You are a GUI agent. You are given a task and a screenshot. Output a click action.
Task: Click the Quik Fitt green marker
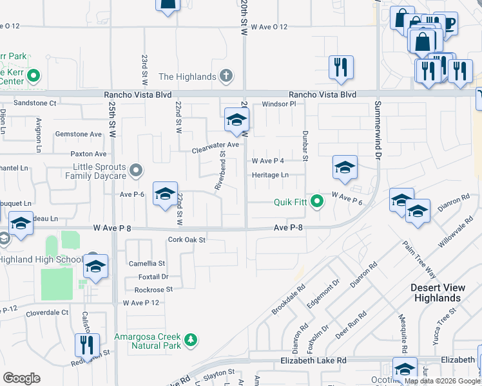tap(316, 202)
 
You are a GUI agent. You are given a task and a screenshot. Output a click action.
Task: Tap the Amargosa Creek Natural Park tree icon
tap(189, 338)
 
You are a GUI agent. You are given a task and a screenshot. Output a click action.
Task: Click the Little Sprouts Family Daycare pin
tap(135, 170)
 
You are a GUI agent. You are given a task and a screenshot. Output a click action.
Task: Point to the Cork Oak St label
tap(186, 240)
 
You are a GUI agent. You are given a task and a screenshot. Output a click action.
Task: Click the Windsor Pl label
tap(278, 104)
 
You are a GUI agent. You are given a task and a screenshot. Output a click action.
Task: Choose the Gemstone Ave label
tap(79, 134)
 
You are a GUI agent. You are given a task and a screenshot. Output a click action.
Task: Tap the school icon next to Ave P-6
tap(164, 194)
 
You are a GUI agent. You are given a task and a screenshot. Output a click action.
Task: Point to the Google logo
tap(22, 378)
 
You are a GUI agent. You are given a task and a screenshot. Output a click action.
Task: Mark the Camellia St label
tap(147, 263)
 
